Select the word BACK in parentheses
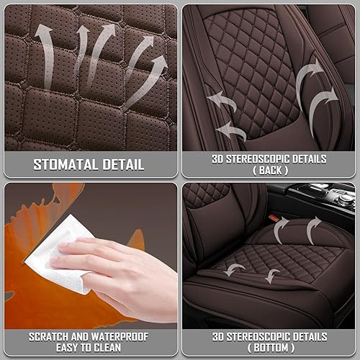pos(270,171)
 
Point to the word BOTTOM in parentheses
pos(270,348)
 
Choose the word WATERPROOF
pos(122,336)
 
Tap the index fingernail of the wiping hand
pos(63,247)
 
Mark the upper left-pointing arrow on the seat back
pos(225,103)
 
